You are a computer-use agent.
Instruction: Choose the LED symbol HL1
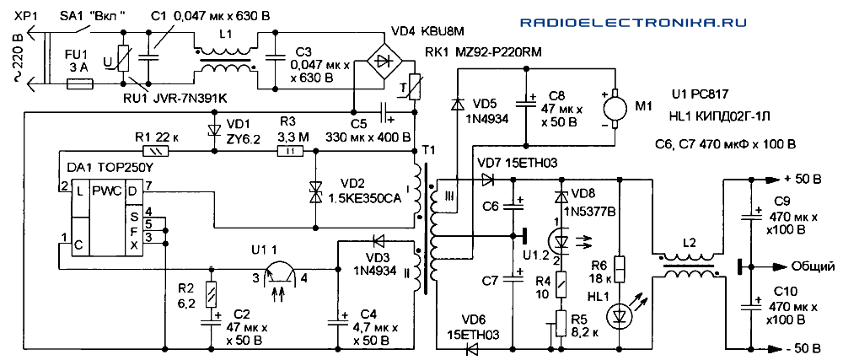pos(620,314)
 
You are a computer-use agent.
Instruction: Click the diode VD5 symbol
pos(456,105)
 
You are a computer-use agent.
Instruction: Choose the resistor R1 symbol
pos(157,153)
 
